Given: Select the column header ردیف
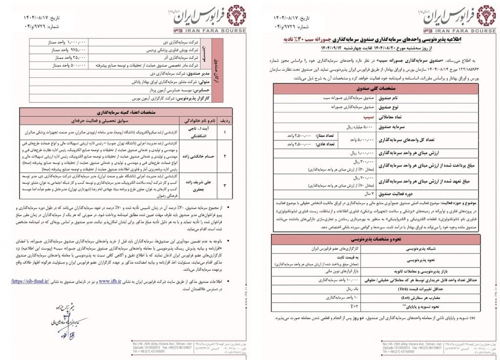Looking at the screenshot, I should tap(225, 120).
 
